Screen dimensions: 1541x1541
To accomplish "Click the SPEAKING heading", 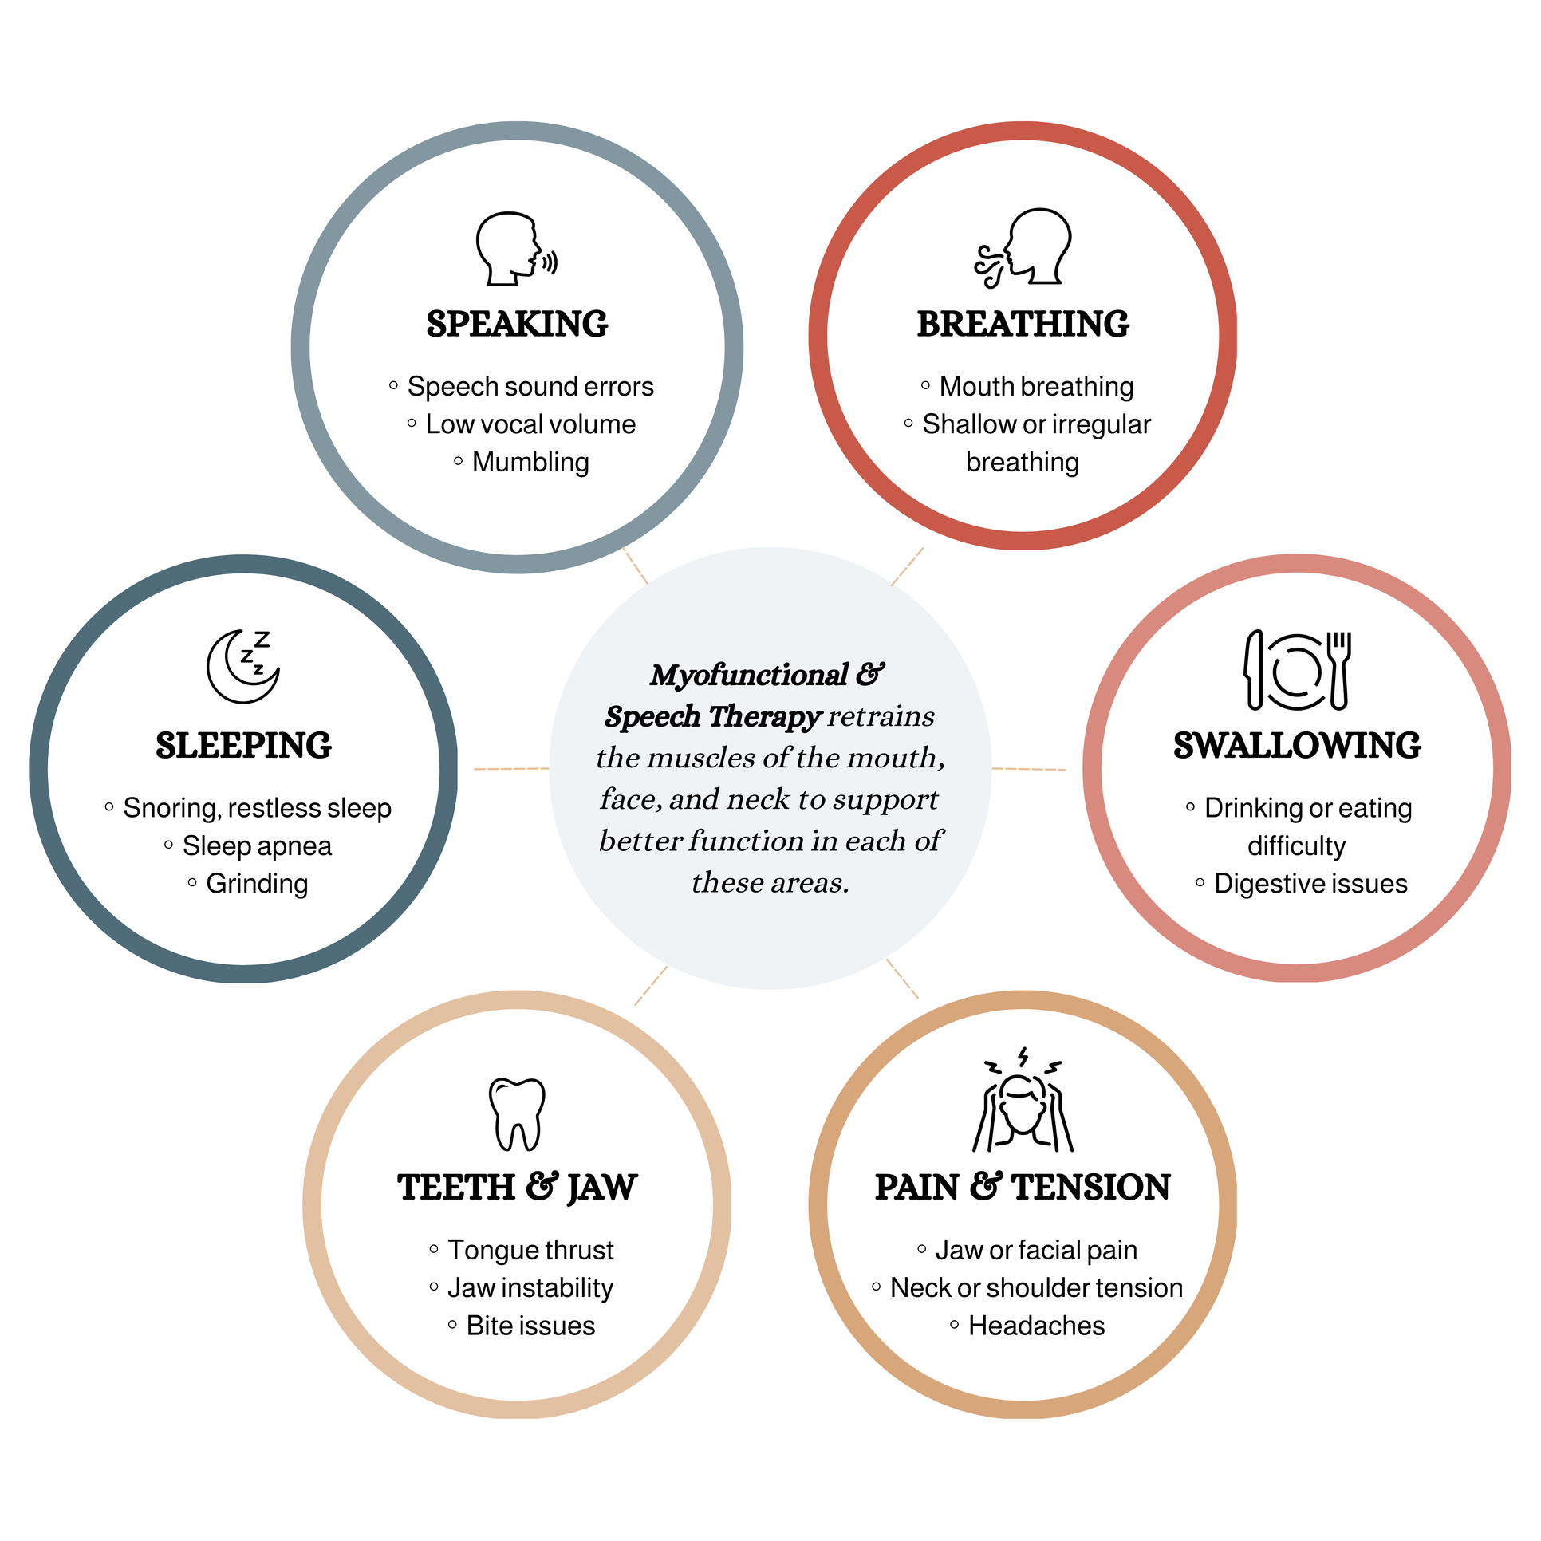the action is point(517,325).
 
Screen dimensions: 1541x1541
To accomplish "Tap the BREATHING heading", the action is point(1023,325).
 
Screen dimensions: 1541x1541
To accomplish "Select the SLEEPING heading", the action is point(243,746).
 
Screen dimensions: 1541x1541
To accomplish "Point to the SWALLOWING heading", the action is point(1297,746).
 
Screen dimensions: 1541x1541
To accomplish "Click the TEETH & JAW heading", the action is point(517,1188).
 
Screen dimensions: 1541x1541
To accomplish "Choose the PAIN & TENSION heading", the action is point(1023,1188).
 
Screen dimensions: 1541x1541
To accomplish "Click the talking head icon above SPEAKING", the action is point(515,249).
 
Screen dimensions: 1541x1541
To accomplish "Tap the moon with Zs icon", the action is point(243,667).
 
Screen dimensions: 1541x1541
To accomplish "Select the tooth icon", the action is point(517,1113).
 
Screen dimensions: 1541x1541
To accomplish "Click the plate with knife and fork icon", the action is point(1297,670).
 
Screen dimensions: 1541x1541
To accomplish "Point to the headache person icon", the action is point(1023,1101).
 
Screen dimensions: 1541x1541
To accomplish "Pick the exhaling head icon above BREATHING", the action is point(1024,247).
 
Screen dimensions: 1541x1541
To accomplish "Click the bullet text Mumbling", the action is point(530,463).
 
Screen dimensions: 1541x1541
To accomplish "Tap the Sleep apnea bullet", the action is point(257,846).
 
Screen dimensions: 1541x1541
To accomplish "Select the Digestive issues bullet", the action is point(1310,884).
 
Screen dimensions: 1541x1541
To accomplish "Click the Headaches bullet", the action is point(1036,1326).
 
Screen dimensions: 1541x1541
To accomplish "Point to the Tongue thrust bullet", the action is point(530,1250).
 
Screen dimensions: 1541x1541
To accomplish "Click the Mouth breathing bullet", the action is point(1036,387).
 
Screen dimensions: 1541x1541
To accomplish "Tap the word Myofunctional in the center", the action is point(748,676).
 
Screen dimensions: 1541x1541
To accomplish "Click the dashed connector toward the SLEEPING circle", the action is point(511,769).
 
